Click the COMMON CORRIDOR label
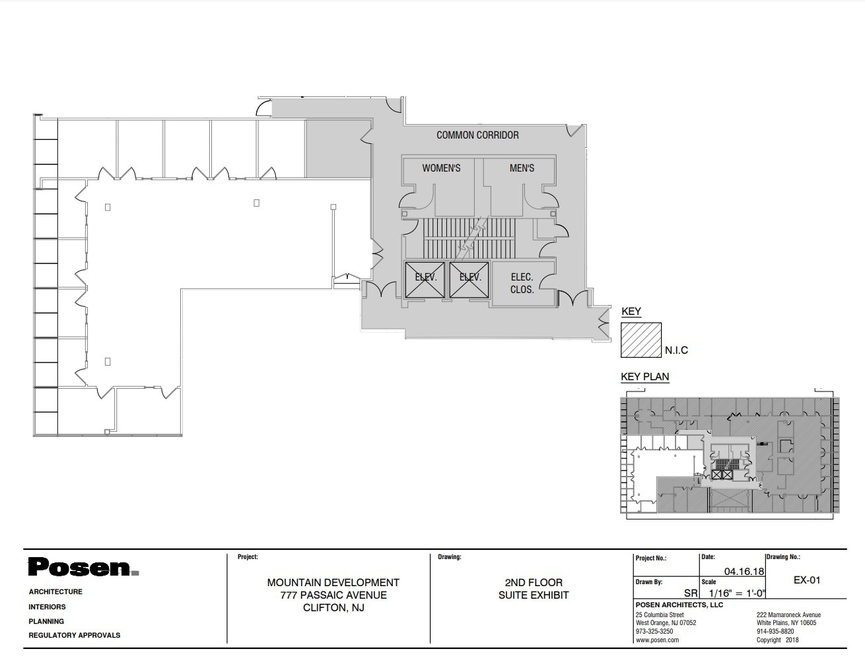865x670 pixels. pos(477,135)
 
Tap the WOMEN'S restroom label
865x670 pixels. pos(441,168)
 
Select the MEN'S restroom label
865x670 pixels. pos(522,168)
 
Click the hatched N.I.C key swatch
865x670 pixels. pos(641,341)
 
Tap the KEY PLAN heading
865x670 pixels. pos(644,377)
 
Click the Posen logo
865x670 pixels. pos(83,568)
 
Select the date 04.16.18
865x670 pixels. pos(744,572)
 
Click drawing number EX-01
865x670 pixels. pos(806,580)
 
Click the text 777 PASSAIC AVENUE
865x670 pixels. pos(333,595)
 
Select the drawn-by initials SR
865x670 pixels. pos(691,593)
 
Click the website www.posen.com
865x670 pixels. pos(657,640)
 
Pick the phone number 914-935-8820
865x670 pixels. pos(775,631)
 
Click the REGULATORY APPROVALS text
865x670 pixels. pos(75,635)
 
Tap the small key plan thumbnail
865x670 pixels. pos(728,455)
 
